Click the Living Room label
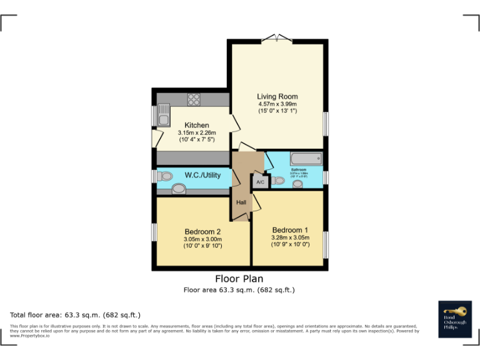[277, 96]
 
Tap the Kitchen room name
[196, 125]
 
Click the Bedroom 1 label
[289, 229]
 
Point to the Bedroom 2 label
[202, 232]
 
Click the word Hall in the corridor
[241, 202]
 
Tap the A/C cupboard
[259, 182]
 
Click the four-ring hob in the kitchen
[194, 98]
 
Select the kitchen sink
[164, 116]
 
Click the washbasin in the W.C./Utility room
[179, 189]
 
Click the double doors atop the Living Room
[276, 39]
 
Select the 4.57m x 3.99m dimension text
[277, 104]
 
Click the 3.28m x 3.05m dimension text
[289, 237]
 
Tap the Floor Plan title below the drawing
[239, 279]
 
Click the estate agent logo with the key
[454, 319]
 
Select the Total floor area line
[76, 314]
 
